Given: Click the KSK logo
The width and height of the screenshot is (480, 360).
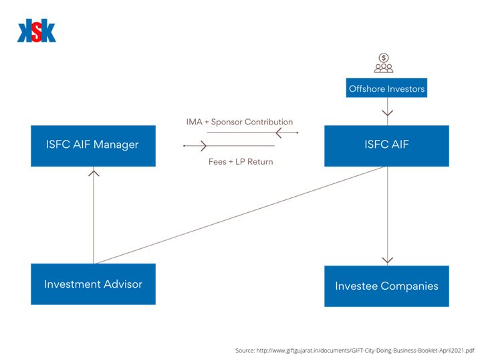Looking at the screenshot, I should (x=37, y=31).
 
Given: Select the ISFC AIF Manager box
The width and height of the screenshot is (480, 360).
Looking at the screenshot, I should (x=93, y=145).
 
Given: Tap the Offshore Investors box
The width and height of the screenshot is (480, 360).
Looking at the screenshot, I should (x=386, y=88).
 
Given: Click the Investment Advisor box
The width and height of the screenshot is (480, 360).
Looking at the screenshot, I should (x=93, y=284).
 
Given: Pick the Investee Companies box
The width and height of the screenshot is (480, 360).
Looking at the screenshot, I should (x=386, y=286).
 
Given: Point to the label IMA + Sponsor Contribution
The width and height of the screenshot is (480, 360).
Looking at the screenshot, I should (x=239, y=122).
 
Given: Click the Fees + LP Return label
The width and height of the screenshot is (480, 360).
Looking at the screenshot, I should (x=239, y=161).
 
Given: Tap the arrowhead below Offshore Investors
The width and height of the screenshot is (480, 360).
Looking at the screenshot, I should (x=387, y=112).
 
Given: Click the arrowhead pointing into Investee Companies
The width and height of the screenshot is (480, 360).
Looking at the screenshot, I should (x=387, y=260).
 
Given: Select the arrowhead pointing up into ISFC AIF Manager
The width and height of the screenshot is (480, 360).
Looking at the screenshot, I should (x=94, y=173).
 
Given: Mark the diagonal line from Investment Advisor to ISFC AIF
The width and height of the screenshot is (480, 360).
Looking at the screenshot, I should (x=241, y=215).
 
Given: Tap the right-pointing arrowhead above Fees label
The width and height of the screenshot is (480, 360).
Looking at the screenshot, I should (x=200, y=145).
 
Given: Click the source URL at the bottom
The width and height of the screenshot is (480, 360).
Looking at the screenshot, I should (x=354, y=350).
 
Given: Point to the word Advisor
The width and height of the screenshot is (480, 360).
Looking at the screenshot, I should (x=121, y=284).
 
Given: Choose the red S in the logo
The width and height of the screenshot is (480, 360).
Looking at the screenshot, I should (x=37, y=32).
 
